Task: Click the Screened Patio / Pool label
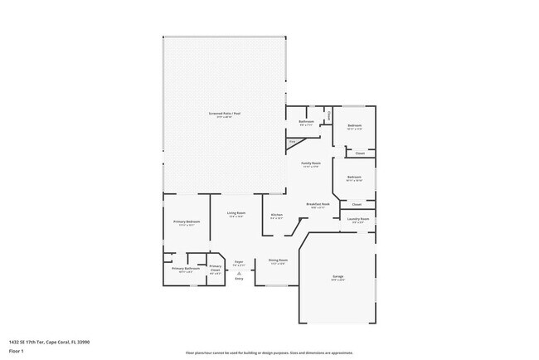pos(225,113)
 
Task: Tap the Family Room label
pos(310,163)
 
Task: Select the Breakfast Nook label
pos(318,204)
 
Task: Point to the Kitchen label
pos(277,214)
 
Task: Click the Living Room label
pos(236,213)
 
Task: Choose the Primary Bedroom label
pos(186,221)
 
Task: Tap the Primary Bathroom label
pos(186,268)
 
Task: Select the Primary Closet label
pos(215,267)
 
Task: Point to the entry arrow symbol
pos(238,271)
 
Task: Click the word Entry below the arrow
pos(238,280)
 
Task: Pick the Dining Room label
pos(278,260)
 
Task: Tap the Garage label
pos(338,275)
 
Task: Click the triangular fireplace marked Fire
pos(293,143)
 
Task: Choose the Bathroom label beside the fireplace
pos(306,121)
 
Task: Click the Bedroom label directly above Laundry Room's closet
pos(354,177)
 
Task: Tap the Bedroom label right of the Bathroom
pos(355,125)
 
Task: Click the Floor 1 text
pos(17,351)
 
